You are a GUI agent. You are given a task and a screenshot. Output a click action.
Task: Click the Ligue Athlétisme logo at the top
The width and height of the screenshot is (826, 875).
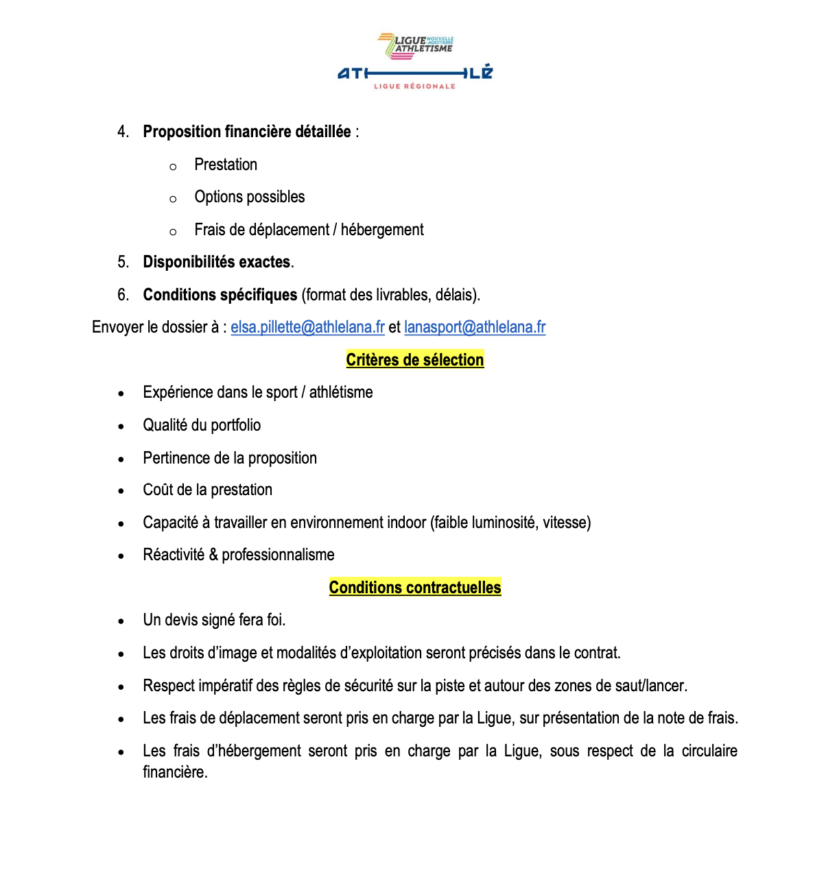click(x=415, y=62)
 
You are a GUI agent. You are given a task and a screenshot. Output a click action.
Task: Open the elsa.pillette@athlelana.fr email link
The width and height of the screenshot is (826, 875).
click(x=307, y=327)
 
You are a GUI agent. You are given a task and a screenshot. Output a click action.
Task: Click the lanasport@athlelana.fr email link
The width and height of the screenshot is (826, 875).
click(x=475, y=327)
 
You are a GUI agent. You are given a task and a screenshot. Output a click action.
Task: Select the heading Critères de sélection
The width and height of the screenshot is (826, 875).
click(x=414, y=360)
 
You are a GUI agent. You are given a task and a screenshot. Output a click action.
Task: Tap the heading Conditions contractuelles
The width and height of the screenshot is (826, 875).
click(x=414, y=588)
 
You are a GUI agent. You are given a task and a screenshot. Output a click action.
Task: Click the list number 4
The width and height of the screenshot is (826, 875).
click(x=123, y=132)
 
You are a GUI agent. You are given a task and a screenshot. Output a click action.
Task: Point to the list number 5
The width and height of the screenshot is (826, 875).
click(x=123, y=262)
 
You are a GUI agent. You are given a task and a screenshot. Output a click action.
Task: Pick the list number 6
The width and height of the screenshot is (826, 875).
click(x=123, y=295)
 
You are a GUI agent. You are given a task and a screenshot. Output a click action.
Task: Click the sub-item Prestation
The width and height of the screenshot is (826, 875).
click(x=226, y=165)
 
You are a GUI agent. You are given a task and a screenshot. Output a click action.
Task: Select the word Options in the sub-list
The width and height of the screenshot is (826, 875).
click(x=218, y=197)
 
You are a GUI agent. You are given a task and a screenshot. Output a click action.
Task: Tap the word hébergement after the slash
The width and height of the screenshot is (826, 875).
click(x=382, y=230)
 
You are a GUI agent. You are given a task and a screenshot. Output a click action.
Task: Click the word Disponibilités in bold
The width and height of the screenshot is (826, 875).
click(x=189, y=262)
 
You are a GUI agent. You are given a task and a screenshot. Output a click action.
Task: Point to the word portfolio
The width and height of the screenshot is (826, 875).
click(x=235, y=425)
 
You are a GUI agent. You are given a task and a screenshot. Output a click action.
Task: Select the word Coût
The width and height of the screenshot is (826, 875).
click(x=158, y=490)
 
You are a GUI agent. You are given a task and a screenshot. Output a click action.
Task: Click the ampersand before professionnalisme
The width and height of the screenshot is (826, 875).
click(x=213, y=555)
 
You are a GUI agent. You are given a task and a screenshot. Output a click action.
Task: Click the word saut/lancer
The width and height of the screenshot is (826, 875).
click(x=654, y=686)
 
